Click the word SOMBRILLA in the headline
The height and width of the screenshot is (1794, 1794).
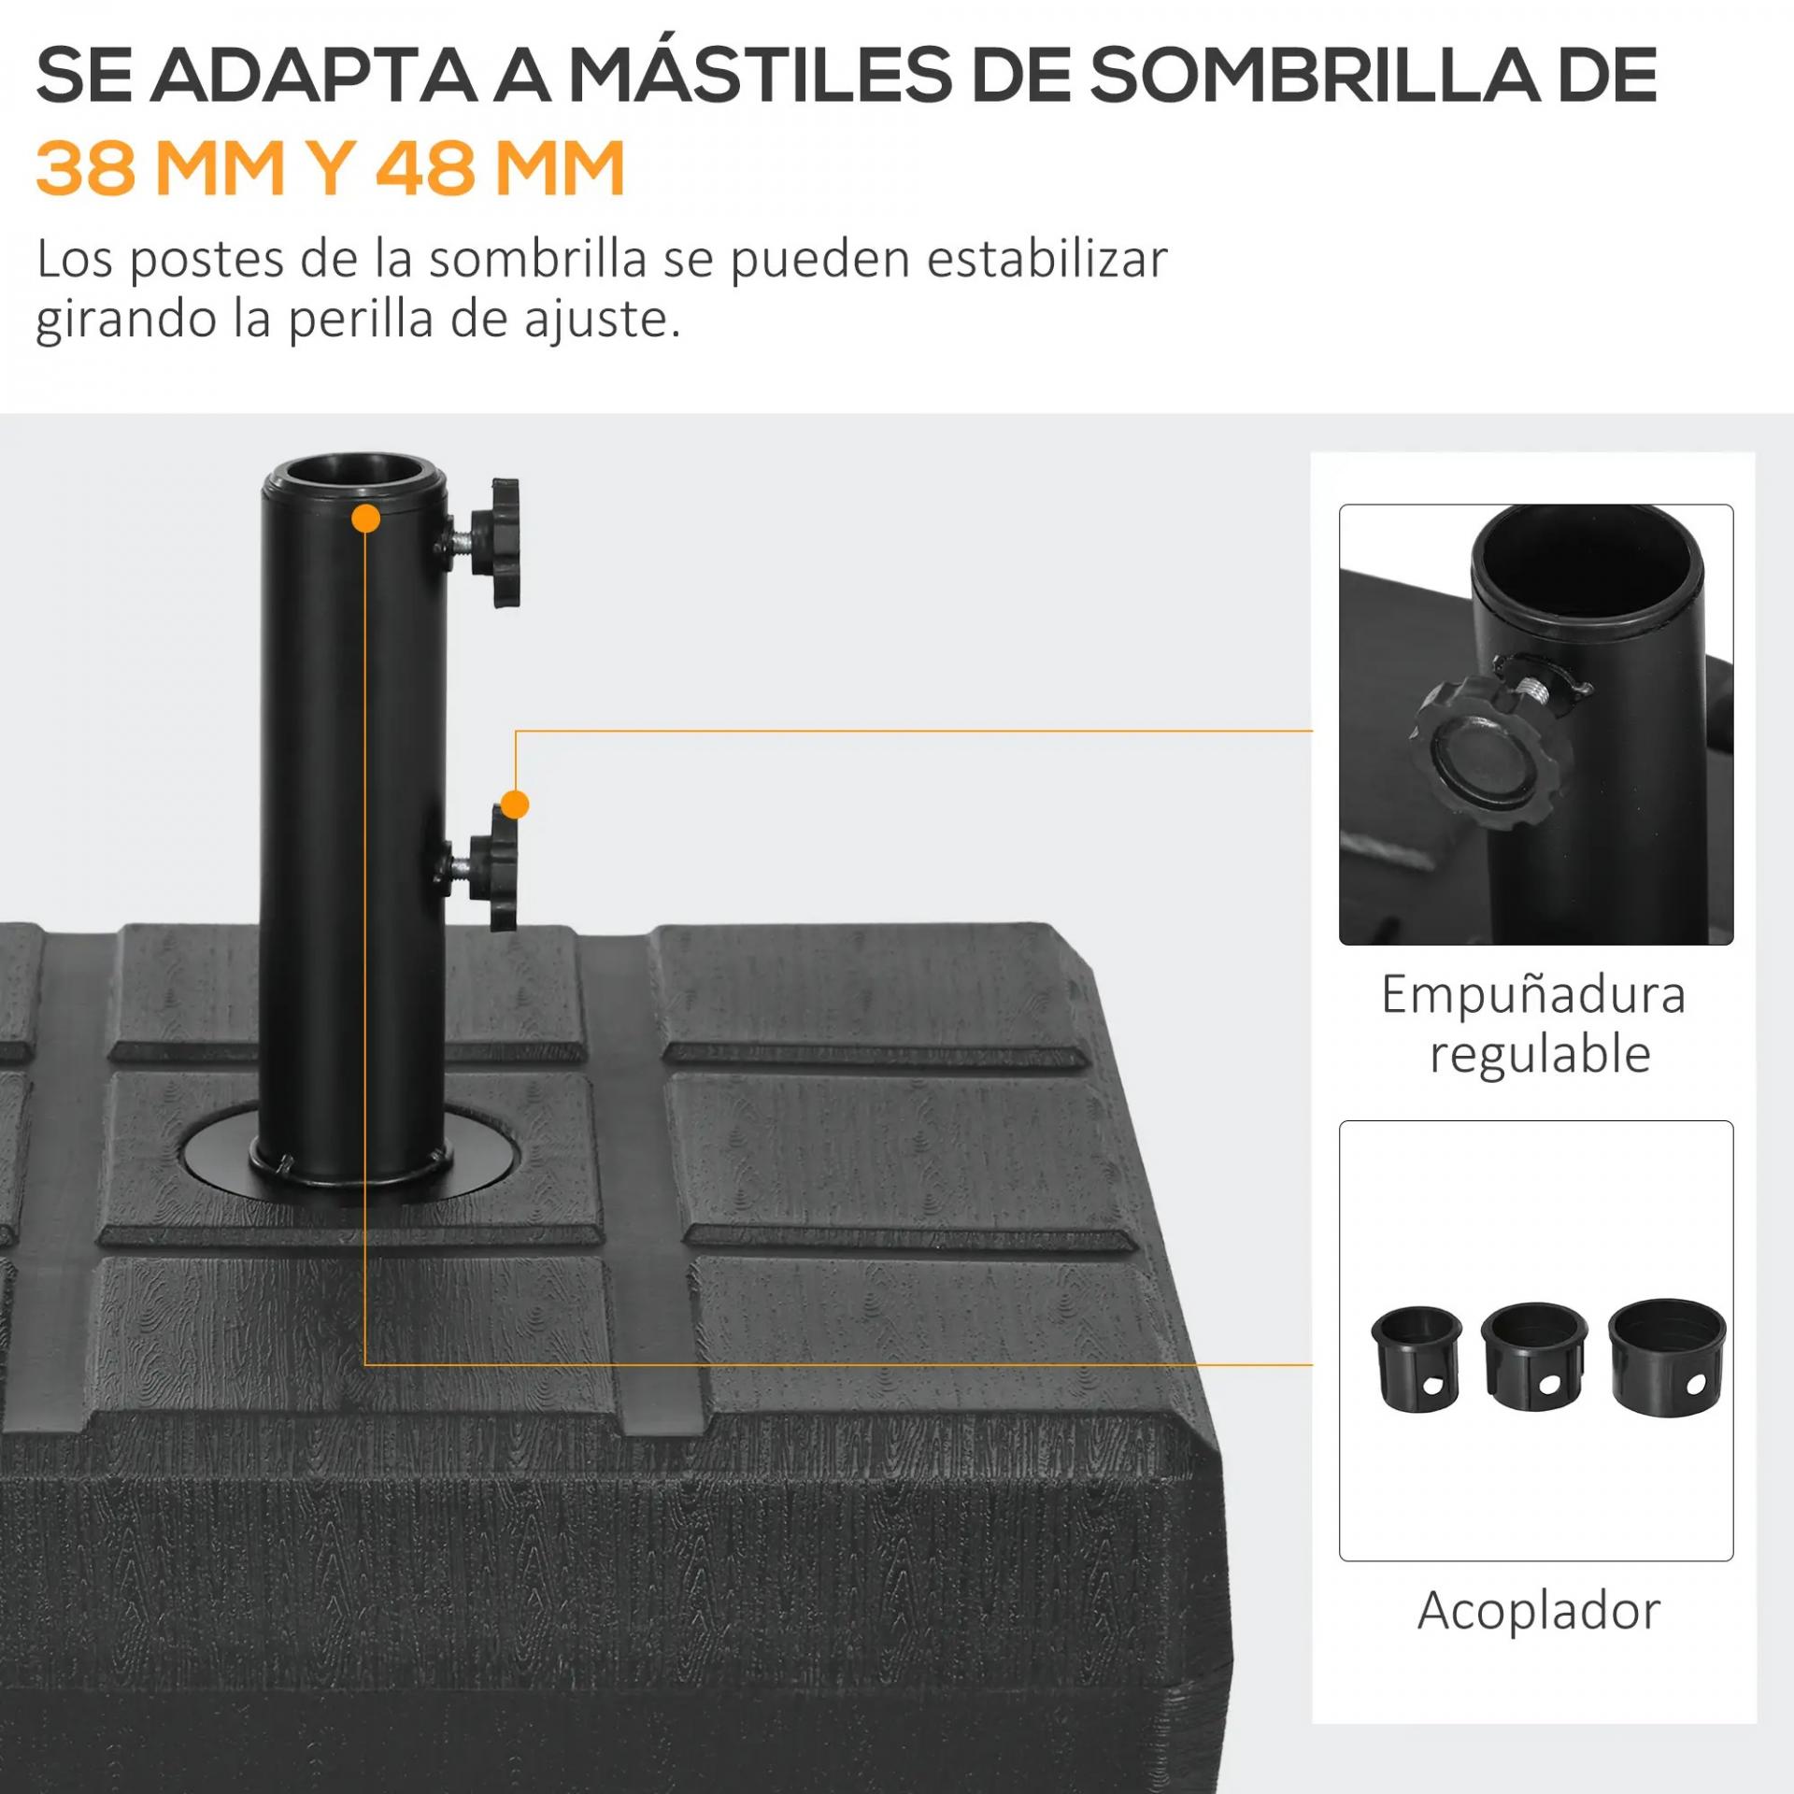(1314, 75)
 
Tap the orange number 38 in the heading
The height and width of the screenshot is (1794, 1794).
(86, 168)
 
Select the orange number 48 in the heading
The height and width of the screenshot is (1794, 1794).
(425, 168)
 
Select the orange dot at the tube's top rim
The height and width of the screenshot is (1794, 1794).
(366, 519)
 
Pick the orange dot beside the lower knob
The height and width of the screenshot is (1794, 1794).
(515, 804)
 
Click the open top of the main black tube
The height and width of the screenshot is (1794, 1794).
(354, 474)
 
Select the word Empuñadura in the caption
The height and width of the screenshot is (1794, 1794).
(1533, 994)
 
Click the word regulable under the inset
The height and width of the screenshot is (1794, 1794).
(1540, 1055)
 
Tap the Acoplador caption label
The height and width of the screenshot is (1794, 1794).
(1539, 1610)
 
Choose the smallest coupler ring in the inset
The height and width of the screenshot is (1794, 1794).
(1417, 1359)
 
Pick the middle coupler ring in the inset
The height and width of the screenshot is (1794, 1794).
(1534, 1357)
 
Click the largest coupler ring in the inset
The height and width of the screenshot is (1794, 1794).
(1667, 1357)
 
